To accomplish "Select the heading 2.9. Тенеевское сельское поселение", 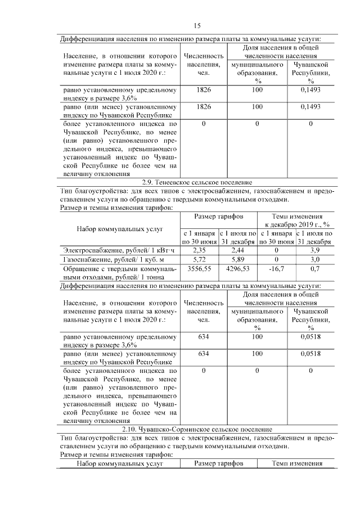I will (197, 182).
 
